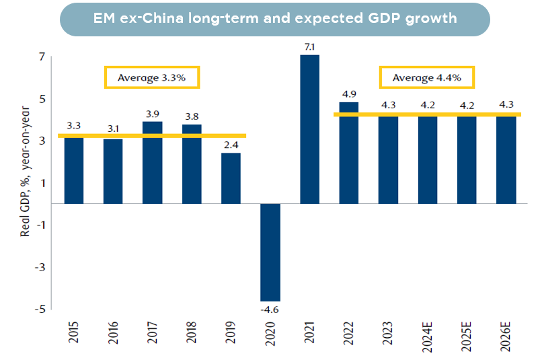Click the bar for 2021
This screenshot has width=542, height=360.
coord(309,129)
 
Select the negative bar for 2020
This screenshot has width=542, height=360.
coord(270,252)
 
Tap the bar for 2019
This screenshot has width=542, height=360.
coord(231,178)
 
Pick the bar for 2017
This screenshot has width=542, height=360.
coord(152,162)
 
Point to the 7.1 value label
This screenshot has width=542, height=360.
coord(309,46)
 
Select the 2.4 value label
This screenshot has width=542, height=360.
coord(231,144)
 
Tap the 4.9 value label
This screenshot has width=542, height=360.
coord(349,93)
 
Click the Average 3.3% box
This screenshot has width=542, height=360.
coord(153,77)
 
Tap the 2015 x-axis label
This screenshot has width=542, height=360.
coord(73,336)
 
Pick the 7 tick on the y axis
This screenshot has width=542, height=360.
coord(42,57)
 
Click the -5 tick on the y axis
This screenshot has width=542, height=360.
coord(40,309)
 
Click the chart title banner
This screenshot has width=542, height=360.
coord(274,19)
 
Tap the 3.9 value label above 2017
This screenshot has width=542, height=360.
coord(152,112)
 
